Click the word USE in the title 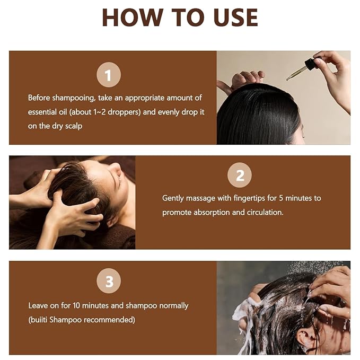click(236, 17)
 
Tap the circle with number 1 click(109, 75)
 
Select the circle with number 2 click(240, 175)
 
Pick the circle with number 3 click(109, 281)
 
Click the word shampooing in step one click(73, 98)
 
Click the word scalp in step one click(74, 126)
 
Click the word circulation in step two click(265, 213)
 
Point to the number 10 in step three click(76, 305)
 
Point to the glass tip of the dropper click(287, 79)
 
